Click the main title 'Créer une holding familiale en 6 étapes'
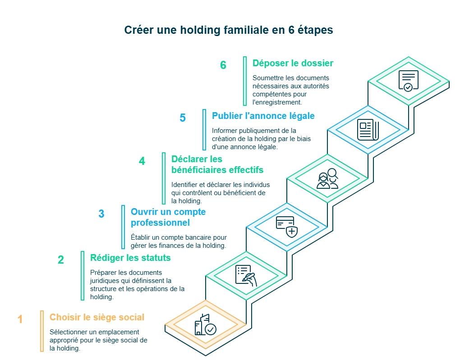[229, 30]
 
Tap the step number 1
[20, 319]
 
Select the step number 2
[61, 260]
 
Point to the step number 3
[101, 214]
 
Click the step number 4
[142, 161]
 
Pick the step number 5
[183, 118]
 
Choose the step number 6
[223, 65]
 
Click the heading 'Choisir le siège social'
[97, 317]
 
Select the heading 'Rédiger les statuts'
[130, 258]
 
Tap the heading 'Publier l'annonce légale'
[263, 116]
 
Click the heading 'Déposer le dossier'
[293, 63]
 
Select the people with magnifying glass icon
[327, 178]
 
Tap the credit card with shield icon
[287, 227]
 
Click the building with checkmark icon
[205, 324]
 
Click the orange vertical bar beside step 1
[42, 331]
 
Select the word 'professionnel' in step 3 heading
[160, 223]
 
